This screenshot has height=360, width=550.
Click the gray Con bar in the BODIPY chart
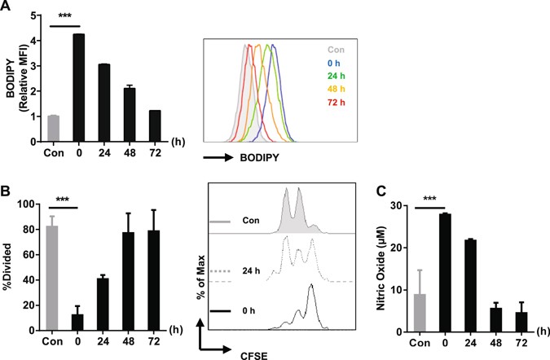click(x=53, y=128)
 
